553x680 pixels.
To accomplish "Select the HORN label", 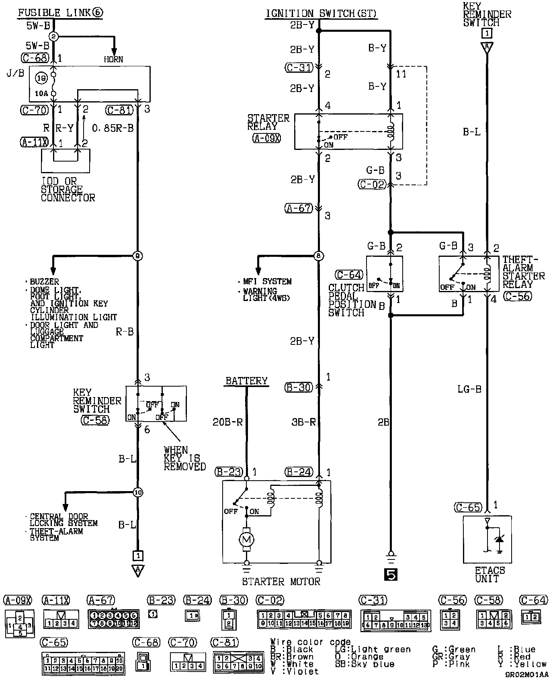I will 114,59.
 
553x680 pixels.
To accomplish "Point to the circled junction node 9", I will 138,256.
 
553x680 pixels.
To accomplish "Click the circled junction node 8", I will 319,256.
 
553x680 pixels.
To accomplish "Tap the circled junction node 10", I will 138,492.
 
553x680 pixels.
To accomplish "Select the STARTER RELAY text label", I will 268,122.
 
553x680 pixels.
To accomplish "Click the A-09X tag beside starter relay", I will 266,139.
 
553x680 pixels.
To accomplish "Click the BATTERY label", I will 246,381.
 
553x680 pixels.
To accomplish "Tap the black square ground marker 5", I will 391,575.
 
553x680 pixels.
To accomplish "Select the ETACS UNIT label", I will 490,575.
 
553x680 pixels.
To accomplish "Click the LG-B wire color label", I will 469,389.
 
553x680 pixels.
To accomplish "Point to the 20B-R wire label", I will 227,422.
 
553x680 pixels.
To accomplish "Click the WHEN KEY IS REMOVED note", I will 184,458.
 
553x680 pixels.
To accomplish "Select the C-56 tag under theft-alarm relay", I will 517,296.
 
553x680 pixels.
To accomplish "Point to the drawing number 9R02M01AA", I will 526,675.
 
